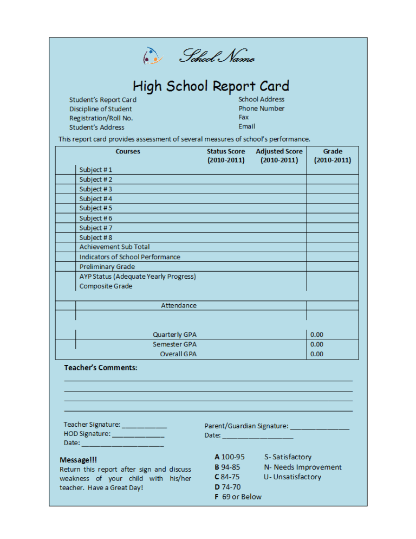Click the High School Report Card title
[211, 86]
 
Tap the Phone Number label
[261, 108]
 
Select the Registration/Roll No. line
[101, 118]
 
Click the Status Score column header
[225, 156]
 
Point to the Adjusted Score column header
[279, 156]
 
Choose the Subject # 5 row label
[96, 208]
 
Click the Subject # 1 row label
[96, 170]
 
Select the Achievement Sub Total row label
[114, 247]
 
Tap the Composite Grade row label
[106, 286]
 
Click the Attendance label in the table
[179, 306]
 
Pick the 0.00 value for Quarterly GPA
[316, 335]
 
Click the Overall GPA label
[178, 354]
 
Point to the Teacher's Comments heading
[101, 368]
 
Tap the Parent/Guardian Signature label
[246, 426]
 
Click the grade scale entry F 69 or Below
[238, 497]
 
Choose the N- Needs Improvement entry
[303, 467]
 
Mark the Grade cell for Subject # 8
[332, 238]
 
